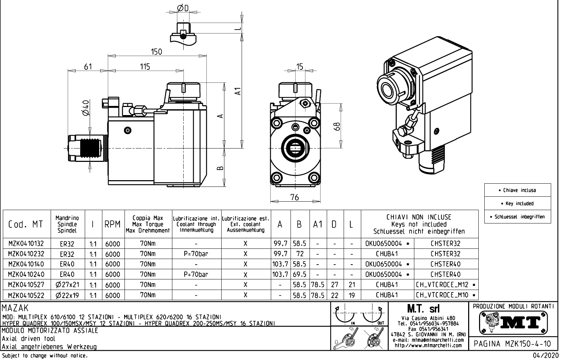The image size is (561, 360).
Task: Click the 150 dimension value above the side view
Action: (156, 52)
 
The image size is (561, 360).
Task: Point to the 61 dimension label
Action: (88, 67)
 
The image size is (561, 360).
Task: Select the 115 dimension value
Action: (145, 67)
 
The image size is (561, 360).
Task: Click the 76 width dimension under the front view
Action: (295, 197)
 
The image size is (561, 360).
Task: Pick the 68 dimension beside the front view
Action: (337, 126)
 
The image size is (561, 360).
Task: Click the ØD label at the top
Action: (183, 8)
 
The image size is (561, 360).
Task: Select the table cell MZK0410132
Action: (26, 244)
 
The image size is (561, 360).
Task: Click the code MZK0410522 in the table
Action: (26, 295)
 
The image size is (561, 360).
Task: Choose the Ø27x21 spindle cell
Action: (67, 285)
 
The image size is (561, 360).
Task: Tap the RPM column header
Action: (113, 224)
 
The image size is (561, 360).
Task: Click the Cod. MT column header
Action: (26, 224)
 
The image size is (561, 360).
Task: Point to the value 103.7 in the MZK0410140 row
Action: (280, 264)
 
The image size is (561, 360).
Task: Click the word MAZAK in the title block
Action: (15, 309)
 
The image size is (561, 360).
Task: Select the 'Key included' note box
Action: (517, 203)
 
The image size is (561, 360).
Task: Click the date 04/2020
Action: (545, 355)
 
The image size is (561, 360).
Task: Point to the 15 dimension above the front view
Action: (300, 67)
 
